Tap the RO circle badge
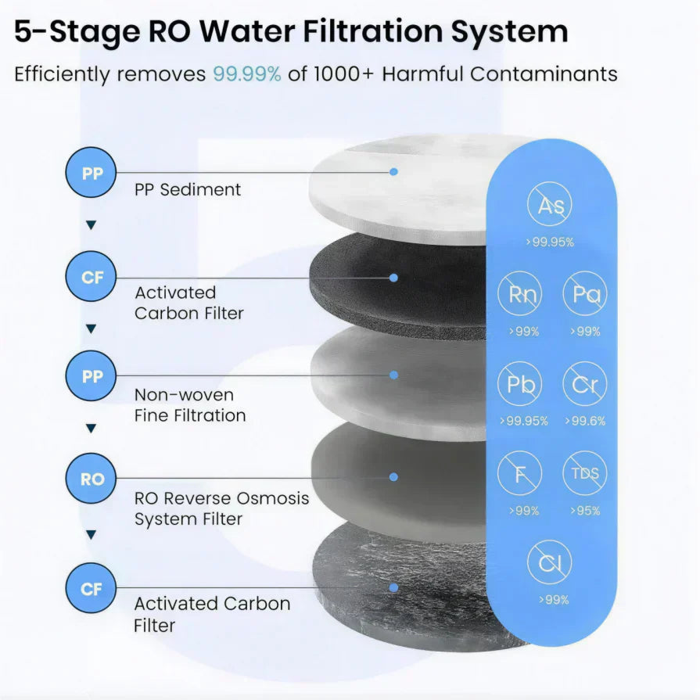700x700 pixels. pos(92,479)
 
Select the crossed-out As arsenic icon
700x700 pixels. pos(551,205)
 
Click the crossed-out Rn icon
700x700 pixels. pos(519,293)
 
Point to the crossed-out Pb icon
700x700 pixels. pos(519,385)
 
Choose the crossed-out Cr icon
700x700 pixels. pos(584,385)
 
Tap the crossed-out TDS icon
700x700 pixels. pos(584,474)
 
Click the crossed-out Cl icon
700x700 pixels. pos(551,562)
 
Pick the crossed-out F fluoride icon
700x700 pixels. pos(519,474)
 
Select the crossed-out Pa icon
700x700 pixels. pos(584,293)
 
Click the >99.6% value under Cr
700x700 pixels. pos(584,422)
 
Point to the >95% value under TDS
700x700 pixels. pos(584,511)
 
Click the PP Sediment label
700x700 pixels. pos(188,189)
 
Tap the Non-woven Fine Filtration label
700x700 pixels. pos(189,405)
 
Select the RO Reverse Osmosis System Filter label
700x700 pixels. pos(221,508)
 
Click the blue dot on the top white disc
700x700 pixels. pos(394,171)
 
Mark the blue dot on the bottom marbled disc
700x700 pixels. pos(394,587)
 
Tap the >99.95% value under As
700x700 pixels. pos(551,242)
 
